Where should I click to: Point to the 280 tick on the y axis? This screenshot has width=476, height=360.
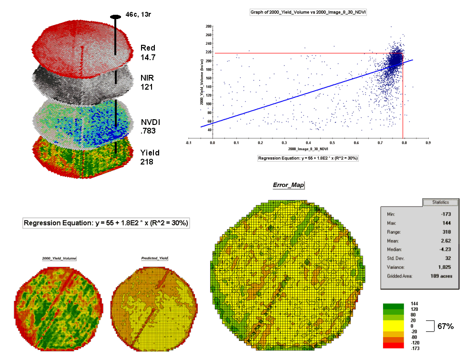[x=208, y=27]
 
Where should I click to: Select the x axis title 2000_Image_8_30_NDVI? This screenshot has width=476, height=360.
[x=307, y=149]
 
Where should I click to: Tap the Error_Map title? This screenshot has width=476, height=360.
[x=288, y=185]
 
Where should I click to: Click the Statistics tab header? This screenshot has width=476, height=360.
[x=440, y=202]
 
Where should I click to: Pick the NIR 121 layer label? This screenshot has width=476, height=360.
[x=147, y=82]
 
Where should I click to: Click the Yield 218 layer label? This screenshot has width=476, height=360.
[x=150, y=157]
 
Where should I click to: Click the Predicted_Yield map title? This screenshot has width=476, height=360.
[x=154, y=258]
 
